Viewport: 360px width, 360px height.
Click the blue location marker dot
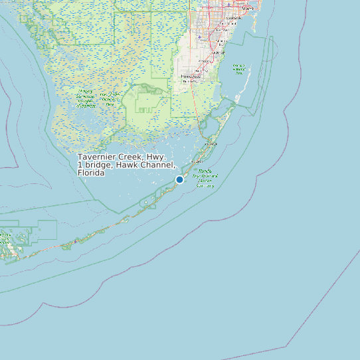click(x=179, y=179)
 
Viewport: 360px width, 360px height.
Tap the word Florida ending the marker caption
click(x=91, y=173)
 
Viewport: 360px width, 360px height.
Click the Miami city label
click(x=248, y=8)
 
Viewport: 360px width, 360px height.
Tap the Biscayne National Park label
click(x=238, y=68)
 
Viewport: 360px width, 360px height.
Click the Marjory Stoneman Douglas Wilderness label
click(x=86, y=98)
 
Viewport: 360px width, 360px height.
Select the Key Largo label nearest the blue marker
click(x=197, y=161)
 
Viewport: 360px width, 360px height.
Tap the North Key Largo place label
click(x=213, y=143)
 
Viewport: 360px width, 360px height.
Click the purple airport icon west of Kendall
click(x=199, y=37)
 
